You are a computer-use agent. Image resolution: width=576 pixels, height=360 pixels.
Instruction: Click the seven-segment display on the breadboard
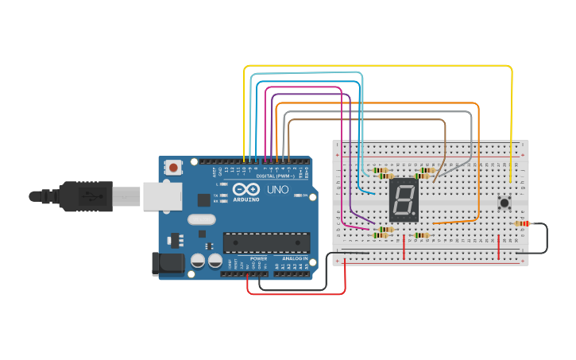pyautogui.click(x=404, y=199)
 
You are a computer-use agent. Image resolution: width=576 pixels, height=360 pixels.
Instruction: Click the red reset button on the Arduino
pyautogui.click(x=173, y=168)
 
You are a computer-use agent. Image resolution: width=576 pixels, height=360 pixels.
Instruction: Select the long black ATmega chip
pyautogui.click(x=266, y=242)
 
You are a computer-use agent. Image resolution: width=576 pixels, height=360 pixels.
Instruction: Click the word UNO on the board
pyautogui.click(x=276, y=190)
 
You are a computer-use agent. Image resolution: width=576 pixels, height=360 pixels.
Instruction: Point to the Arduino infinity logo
pyautogui.click(x=246, y=190)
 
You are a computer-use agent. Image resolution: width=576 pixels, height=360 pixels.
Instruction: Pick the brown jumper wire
pyautogui.click(x=365, y=120)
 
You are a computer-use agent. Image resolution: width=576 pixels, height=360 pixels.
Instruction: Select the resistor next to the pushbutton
pyautogui.click(x=522, y=223)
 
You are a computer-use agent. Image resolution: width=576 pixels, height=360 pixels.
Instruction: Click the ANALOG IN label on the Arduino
pyautogui.click(x=292, y=259)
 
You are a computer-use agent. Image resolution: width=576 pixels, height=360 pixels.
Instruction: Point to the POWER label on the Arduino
pyautogui.click(x=259, y=259)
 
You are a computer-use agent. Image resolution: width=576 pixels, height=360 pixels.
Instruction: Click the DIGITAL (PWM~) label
pyautogui.click(x=274, y=176)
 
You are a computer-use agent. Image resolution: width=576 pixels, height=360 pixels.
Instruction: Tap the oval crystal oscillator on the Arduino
pyautogui.click(x=201, y=220)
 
